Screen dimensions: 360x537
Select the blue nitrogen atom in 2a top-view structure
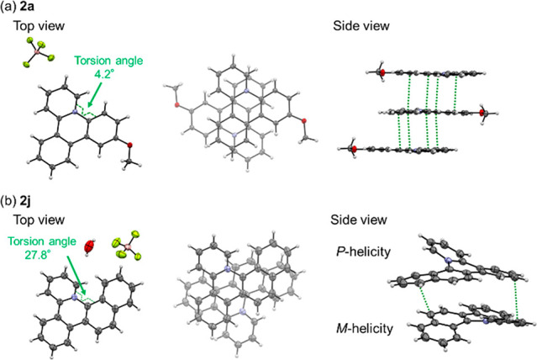(x=76, y=111)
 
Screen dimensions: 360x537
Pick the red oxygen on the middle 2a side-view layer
(x=484, y=111)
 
